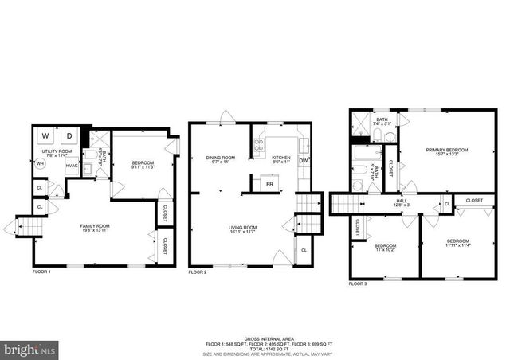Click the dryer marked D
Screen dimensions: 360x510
coord(68,136)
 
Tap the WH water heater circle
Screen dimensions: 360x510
coord(39,165)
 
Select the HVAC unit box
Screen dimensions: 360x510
coord(72,166)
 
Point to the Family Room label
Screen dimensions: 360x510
coord(93,229)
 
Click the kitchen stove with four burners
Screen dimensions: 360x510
coord(261,145)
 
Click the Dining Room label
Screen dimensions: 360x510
coord(220,158)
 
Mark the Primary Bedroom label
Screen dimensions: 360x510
coord(446,151)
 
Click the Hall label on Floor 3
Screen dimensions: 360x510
coord(402,202)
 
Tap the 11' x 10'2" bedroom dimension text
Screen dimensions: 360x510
coord(385,249)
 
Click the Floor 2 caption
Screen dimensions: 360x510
coord(198,272)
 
